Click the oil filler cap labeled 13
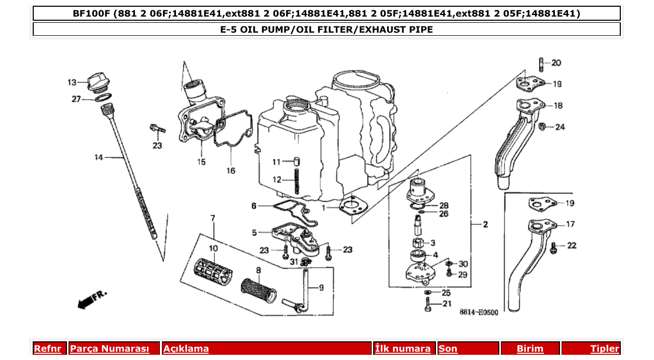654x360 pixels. pyautogui.click(x=97, y=83)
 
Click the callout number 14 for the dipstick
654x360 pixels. pyautogui.click(x=99, y=157)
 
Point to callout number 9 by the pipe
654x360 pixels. pyautogui.click(x=321, y=288)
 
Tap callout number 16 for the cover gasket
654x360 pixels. pyautogui.click(x=230, y=170)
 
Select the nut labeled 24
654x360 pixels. pyautogui.click(x=542, y=126)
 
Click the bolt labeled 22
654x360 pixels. pyautogui.click(x=553, y=247)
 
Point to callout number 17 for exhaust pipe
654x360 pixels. pyautogui.click(x=570, y=225)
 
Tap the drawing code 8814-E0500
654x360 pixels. pyautogui.click(x=479, y=312)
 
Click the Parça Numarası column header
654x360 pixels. pyautogui.click(x=110, y=349)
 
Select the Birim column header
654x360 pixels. pyautogui.click(x=530, y=349)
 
